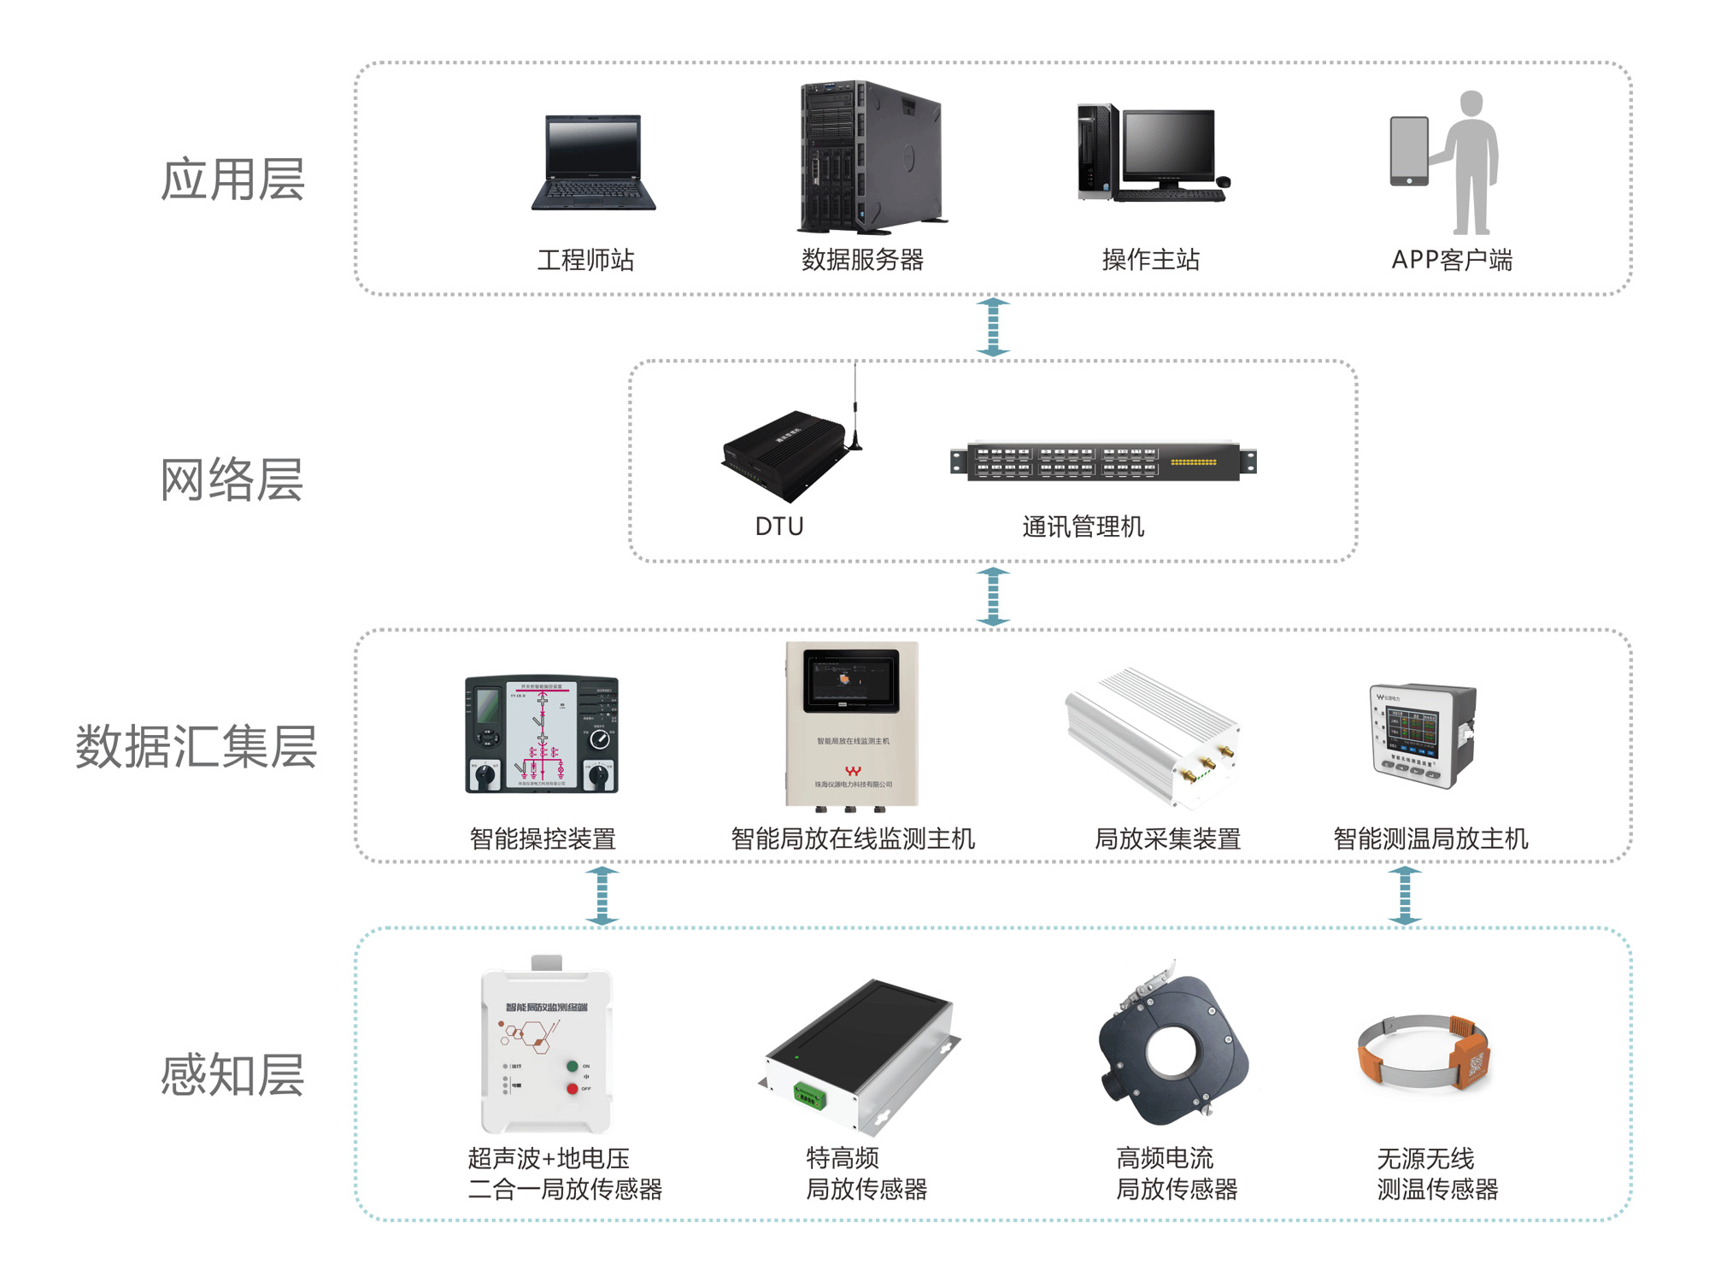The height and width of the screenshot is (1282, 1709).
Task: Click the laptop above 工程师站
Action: pyautogui.click(x=593, y=162)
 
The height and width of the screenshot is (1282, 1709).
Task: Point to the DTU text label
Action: pyautogui.click(x=779, y=526)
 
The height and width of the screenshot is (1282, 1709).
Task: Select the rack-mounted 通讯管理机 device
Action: pyautogui.click(x=1103, y=462)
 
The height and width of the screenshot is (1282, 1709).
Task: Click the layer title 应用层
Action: pyautogui.click(x=232, y=179)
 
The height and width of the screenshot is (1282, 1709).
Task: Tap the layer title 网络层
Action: pyautogui.click(x=232, y=479)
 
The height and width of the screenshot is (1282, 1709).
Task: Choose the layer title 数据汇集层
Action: pyautogui.click(x=197, y=746)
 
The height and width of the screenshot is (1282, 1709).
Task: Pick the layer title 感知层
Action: pyautogui.click(x=232, y=1074)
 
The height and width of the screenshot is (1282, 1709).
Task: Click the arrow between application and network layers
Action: pyautogui.click(x=993, y=326)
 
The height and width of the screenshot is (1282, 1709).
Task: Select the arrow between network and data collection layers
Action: pyautogui.click(x=993, y=597)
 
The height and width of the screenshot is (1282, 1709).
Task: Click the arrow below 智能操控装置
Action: pyautogui.click(x=602, y=896)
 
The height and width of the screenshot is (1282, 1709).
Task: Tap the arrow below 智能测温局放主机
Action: pyautogui.click(x=1405, y=896)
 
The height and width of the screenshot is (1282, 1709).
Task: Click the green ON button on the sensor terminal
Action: pyautogui.click(x=572, y=1067)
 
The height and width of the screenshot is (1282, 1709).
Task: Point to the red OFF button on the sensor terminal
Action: pyautogui.click(x=572, y=1089)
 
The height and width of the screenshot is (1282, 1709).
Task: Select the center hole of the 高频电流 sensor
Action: pyautogui.click(x=1172, y=1050)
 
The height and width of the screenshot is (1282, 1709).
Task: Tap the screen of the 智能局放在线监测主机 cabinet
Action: pyautogui.click(x=851, y=680)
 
